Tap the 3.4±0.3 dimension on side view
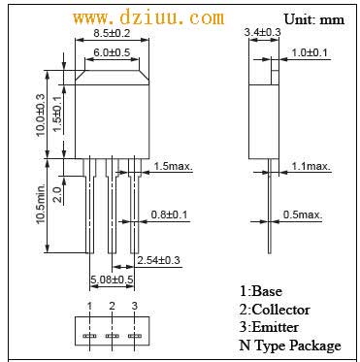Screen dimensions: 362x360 pyautogui.click(x=263, y=32)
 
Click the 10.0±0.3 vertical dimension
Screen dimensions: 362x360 pyautogui.click(x=41, y=114)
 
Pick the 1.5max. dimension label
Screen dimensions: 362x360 pyautogui.click(x=173, y=166)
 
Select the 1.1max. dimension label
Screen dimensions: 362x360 pyautogui.click(x=311, y=166)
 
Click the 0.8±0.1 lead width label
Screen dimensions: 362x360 pyautogui.click(x=172, y=214)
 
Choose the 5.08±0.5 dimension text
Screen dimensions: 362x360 pyautogui.click(x=112, y=280)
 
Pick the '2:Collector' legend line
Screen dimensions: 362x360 pyautogui.click(x=275, y=309)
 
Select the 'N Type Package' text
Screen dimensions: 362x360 pyautogui.click(x=290, y=346)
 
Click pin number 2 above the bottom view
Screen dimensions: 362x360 pyautogui.click(x=112, y=306)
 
